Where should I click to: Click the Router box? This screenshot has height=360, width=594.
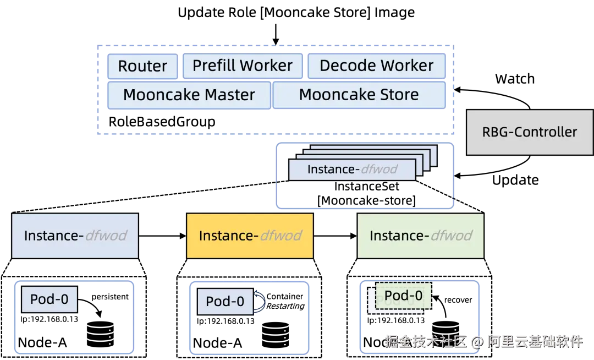(x=142, y=66)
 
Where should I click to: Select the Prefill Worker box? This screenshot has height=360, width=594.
(x=242, y=66)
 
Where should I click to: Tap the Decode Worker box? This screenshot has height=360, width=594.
(x=376, y=66)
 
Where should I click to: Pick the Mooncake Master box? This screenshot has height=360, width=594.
(x=189, y=95)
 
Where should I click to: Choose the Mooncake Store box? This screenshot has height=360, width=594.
(x=359, y=95)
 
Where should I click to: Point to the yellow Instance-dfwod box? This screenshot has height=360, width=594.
(x=250, y=236)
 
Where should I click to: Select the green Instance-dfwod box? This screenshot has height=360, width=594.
(x=420, y=236)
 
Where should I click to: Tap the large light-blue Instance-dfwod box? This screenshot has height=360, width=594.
(x=75, y=236)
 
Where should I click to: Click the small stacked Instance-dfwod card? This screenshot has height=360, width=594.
(x=352, y=170)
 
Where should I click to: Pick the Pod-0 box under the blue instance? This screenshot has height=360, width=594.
(x=50, y=299)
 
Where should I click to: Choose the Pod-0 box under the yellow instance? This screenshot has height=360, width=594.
(x=225, y=302)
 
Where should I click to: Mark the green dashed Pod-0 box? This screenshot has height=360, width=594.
(x=404, y=296)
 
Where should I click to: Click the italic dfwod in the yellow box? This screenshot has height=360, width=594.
(x=280, y=236)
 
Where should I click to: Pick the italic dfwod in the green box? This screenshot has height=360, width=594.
(x=451, y=236)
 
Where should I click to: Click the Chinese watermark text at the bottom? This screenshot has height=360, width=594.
(x=483, y=341)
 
